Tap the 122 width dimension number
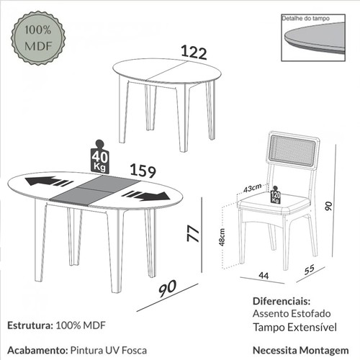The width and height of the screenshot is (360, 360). (194, 53)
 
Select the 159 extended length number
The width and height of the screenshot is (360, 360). (143, 171)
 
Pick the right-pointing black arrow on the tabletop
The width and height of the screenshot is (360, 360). (147, 196)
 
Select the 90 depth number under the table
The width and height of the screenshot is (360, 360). (168, 288)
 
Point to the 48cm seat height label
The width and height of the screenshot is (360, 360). (224, 236)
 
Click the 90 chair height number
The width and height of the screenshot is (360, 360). (328, 207)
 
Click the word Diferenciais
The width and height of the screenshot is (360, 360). (282, 300)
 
